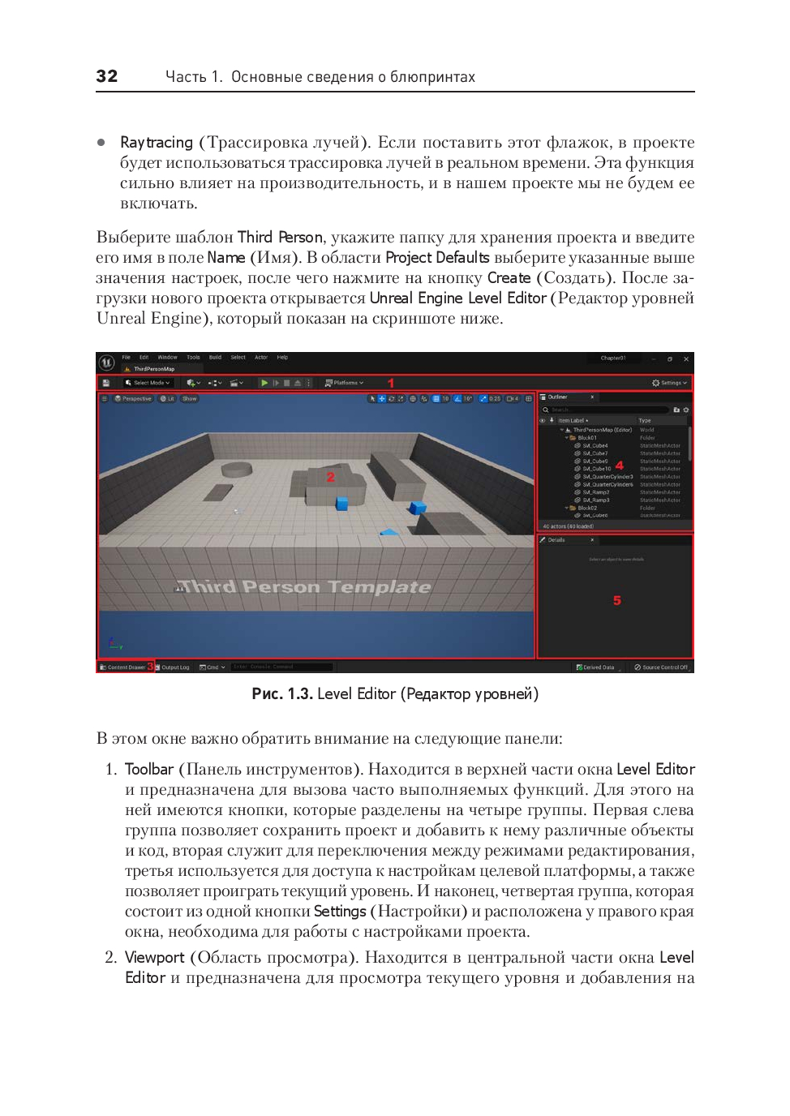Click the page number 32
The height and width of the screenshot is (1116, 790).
[106, 76]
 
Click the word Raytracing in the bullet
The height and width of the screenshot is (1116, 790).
[157, 143]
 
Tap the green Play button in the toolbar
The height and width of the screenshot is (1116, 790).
[264, 383]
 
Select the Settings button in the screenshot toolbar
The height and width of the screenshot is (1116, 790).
[670, 383]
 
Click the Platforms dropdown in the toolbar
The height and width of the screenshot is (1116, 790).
[345, 383]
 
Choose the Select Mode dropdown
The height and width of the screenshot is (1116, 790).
[148, 383]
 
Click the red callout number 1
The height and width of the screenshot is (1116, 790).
[391, 383]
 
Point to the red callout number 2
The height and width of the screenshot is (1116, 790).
[330, 477]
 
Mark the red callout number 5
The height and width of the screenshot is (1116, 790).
[616, 601]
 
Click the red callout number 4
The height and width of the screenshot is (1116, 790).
[620, 466]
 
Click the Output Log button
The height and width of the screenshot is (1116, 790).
[174, 667]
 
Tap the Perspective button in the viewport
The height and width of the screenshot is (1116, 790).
[134, 399]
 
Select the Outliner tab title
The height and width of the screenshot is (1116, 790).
[558, 397]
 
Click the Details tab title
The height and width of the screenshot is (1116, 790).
[556, 540]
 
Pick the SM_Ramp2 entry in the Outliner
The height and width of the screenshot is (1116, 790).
[596, 492]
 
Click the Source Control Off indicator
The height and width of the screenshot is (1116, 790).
[662, 667]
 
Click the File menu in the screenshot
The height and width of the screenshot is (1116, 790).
[127, 358]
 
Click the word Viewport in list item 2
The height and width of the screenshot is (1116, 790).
[155, 958]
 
